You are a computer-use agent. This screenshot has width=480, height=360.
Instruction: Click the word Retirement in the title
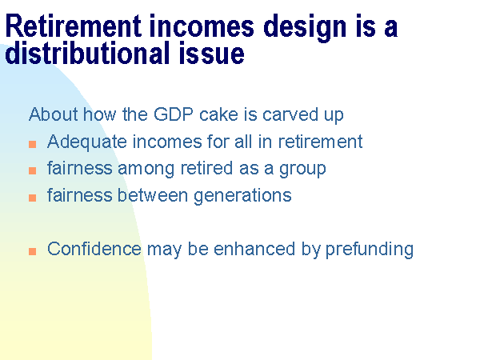(74, 26)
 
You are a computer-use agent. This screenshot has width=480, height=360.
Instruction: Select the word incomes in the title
(202, 26)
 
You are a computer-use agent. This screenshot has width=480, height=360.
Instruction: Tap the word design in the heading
(305, 28)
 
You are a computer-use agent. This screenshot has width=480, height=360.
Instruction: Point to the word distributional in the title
(87, 53)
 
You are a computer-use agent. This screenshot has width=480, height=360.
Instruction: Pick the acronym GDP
(174, 114)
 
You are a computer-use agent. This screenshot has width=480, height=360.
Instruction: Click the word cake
(218, 114)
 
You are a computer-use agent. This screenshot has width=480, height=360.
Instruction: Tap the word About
(54, 114)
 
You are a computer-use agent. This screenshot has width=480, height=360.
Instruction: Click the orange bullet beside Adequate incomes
(33, 144)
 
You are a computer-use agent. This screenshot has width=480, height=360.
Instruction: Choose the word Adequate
(87, 142)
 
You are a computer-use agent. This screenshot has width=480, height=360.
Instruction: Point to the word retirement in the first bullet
(320, 142)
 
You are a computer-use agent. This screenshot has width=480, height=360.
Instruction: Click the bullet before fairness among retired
(33, 170)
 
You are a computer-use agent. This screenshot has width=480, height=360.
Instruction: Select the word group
(302, 170)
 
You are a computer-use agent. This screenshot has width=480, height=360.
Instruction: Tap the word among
(146, 170)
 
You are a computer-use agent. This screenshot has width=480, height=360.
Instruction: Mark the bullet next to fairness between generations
(33, 198)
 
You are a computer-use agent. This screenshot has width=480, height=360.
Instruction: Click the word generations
(242, 196)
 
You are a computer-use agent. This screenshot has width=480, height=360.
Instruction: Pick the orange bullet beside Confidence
(33, 251)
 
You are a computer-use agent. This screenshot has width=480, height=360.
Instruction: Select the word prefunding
(370, 250)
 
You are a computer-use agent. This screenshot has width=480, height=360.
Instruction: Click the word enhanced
(254, 249)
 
